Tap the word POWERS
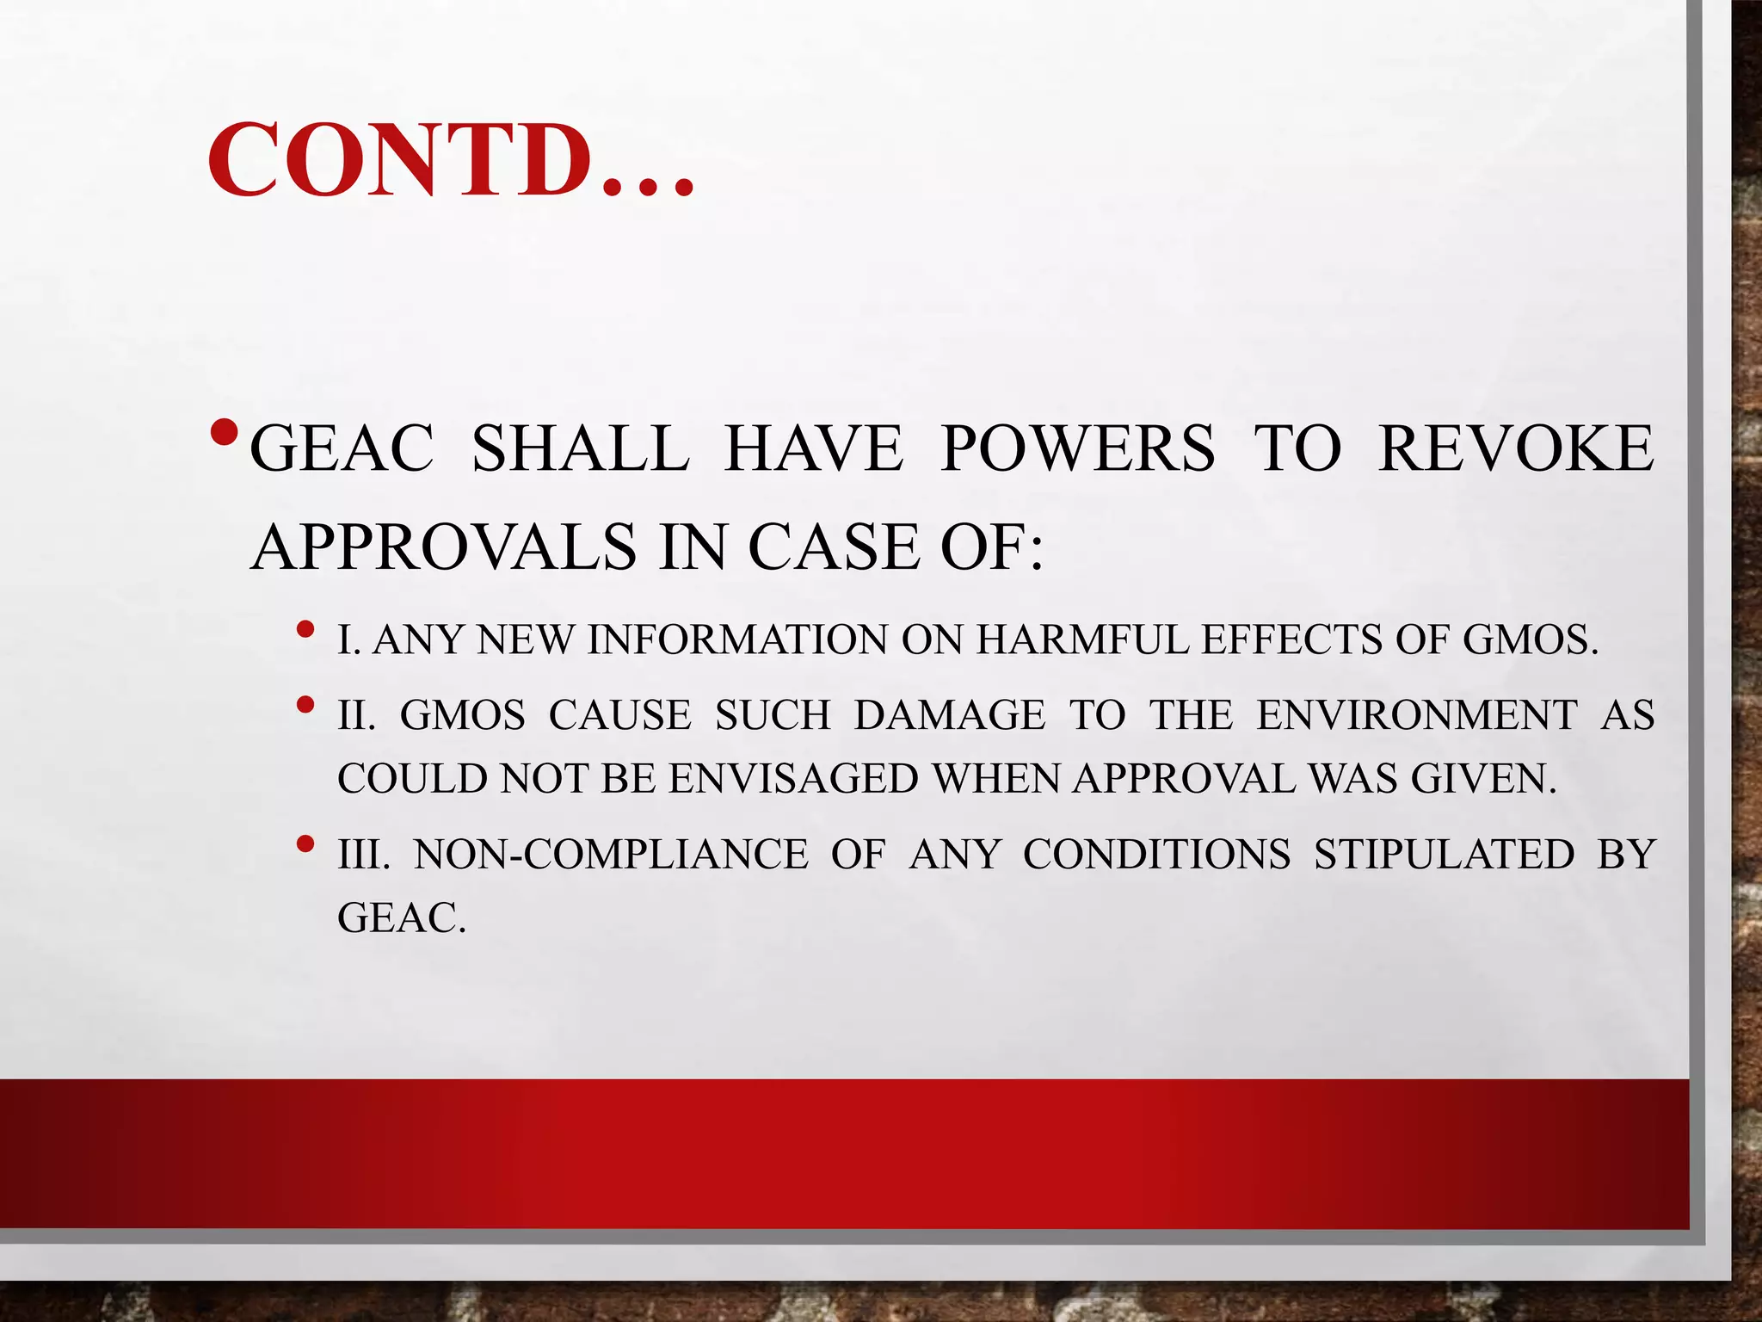pyautogui.click(x=1077, y=448)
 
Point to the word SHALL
pyautogui.click(x=581, y=448)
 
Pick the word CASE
pyautogui.click(x=834, y=547)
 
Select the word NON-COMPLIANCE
pyautogui.click(x=611, y=855)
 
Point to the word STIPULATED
pyautogui.click(x=1444, y=855)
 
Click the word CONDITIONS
pyautogui.click(x=1156, y=855)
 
